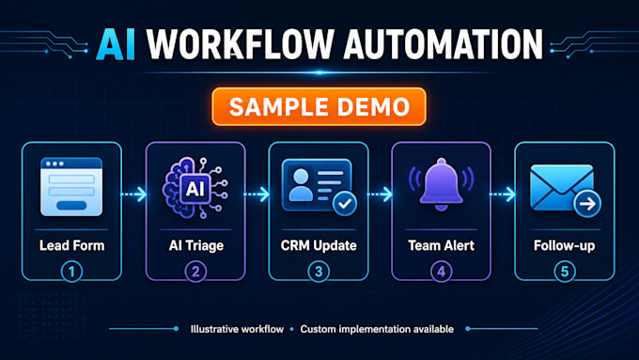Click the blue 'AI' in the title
click(116, 45)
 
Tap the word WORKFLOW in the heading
click(241, 45)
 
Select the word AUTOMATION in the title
click(444, 45)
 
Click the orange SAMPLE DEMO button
click(319, 107)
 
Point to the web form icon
click(71, 187)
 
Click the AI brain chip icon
click(195, 188)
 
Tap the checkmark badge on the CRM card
click(345, 203)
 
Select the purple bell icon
click(442, 183)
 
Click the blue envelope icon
click(562, 188)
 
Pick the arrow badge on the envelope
click(587, 204)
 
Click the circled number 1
click(71, 272)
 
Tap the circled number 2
click(195, 272)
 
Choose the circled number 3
click(319, 272)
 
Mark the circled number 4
click(442, 272)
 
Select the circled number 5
click(565, 272)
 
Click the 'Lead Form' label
click(71, 245)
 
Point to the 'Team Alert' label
click(442, 245)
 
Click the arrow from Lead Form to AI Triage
click(134, 194)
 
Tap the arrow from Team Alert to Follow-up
click(503, 194)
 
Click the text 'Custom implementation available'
click(377, 329)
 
